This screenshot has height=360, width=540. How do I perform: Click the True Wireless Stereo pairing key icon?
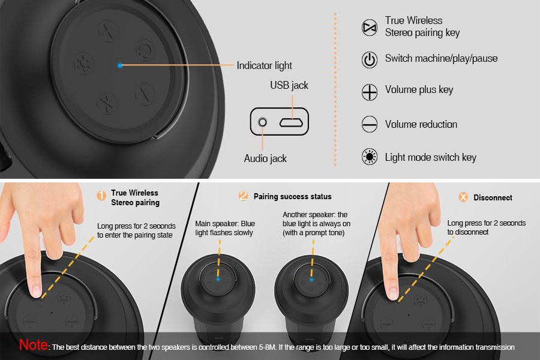click(x=369, y=28)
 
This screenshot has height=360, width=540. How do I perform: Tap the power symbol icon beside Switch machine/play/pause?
click(x=369, y=59)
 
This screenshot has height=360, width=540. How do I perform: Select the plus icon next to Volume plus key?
click(x=369, y=92)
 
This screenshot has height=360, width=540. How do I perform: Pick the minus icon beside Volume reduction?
click(x=369, y=124)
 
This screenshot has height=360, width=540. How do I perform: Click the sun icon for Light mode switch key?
click(x=369, y=157)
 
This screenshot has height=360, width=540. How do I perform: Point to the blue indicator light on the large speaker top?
click(x=120, y=65)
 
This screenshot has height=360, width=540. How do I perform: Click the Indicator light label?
click(x=264, y=65)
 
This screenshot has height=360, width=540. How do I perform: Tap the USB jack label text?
click(x=289, y=85)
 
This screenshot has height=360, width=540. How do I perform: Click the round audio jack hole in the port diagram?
click(x=262, y=122)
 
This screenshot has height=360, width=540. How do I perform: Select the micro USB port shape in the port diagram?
click(x=291, y=122)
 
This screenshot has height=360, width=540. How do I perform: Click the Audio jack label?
click(x=265, y=158)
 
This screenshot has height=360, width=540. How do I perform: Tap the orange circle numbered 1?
click(x=101, y=196)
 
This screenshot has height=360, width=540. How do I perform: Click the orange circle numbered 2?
click(x=243, y=196)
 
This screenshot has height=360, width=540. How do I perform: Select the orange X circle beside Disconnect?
click(x=463, y=197)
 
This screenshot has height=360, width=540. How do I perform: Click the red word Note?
click(x=34, y=344)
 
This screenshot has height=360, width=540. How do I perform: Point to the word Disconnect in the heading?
click(x=493, y=198)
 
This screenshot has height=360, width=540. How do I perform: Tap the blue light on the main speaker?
click(x=218, y=279)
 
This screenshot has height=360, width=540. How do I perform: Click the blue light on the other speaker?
click(x=311, y=280)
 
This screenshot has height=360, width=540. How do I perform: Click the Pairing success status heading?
click(x=292, y=196)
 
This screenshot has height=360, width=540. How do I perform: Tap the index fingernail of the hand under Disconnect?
click(x=392, y=293)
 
